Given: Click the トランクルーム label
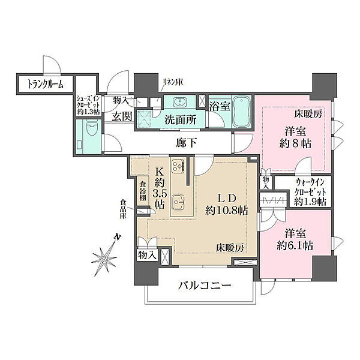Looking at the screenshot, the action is [x=45, y=85].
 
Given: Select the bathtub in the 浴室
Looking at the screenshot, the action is [x=241, y=113].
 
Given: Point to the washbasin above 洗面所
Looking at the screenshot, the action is [x=179, y=102].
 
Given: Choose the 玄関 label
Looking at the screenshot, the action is [x=122, y=117].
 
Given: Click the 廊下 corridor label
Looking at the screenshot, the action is [x=186, y=143].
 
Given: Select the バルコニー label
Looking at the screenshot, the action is [x=205, y=286].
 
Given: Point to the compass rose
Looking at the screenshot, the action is [x=104, y=259].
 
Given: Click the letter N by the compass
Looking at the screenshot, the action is [x=118, y=237].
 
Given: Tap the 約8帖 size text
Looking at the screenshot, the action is [x=295, y=144].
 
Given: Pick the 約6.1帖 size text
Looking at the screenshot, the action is [x=295, y=246].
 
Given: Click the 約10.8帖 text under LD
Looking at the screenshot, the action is [x=227, y=210].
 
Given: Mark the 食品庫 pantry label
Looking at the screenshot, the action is [x=123, y=209].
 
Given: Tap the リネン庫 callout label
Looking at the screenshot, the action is [x=172, y=82].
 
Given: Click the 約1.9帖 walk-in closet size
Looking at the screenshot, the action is [x=310, y=202].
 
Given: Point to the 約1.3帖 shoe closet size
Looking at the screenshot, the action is [x=88, y=112].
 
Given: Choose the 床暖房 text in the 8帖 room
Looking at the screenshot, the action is [x=308, y=114].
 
